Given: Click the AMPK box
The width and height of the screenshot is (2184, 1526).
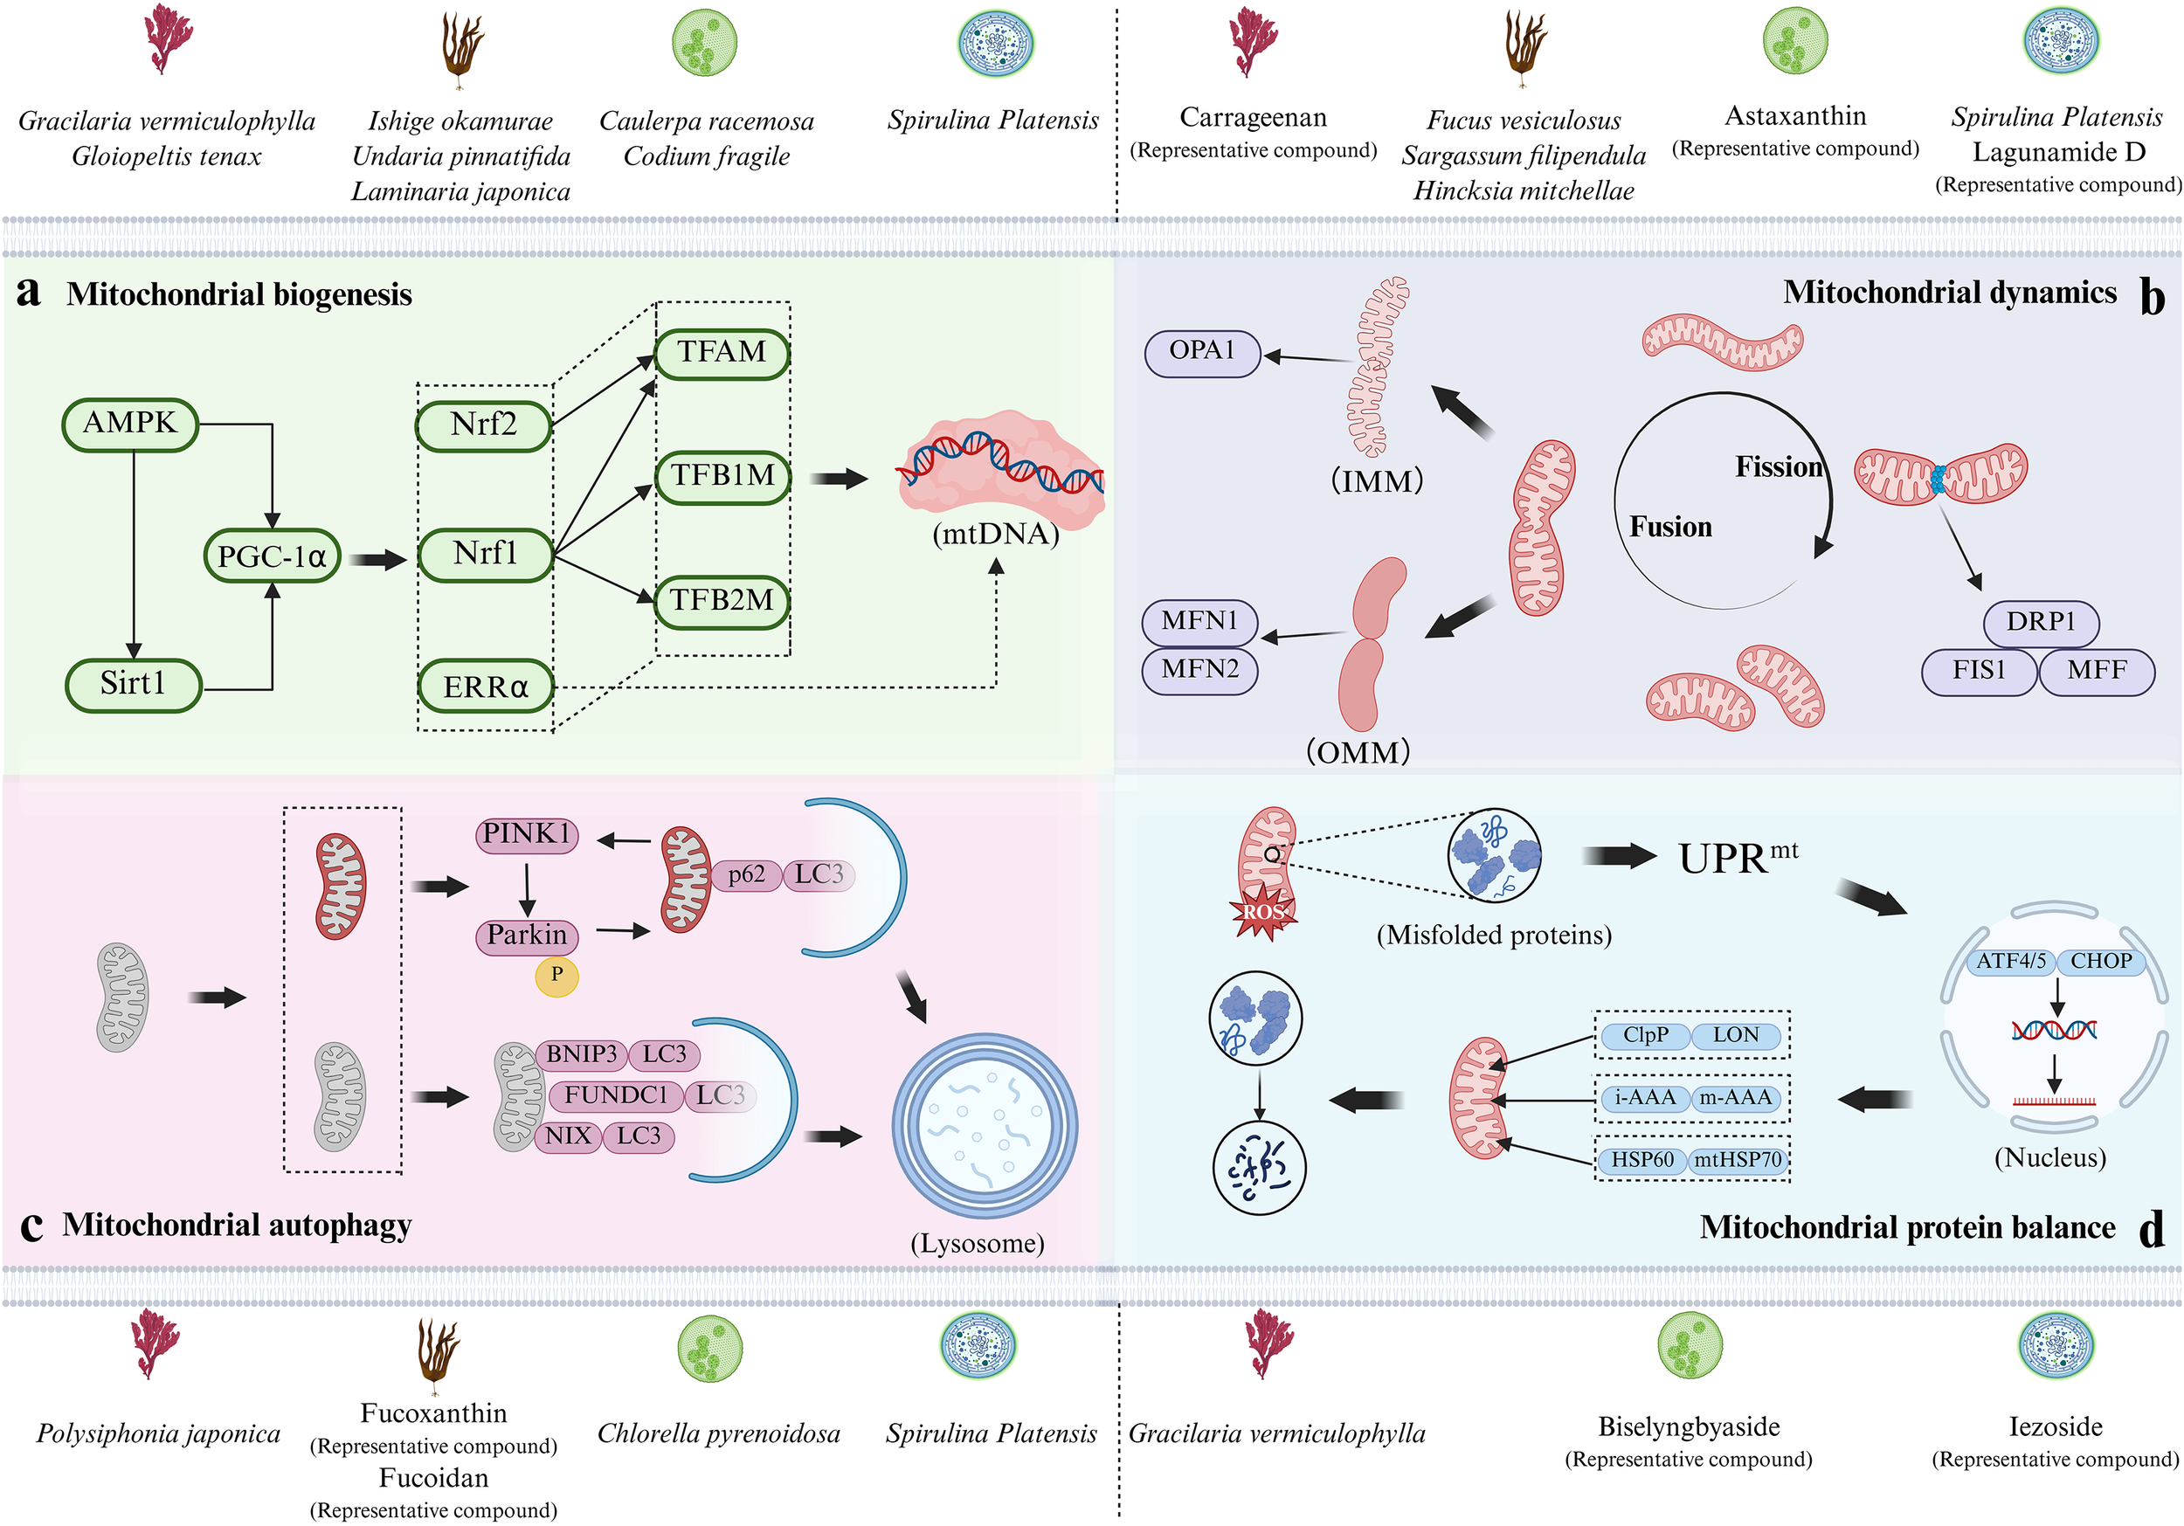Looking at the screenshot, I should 130,424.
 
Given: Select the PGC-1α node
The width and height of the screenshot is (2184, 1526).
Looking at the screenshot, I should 272,556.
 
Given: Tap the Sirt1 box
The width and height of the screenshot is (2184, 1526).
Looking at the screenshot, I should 133,684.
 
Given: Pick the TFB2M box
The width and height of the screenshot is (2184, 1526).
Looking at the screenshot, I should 722,601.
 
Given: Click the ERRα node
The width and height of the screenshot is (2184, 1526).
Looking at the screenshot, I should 485,687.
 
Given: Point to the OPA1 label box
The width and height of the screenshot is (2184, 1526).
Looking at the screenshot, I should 1202,352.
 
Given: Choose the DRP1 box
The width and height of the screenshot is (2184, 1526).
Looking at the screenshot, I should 2041,623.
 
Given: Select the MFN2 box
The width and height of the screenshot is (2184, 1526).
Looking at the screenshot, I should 1199,671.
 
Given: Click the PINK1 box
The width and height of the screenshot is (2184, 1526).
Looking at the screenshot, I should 526,835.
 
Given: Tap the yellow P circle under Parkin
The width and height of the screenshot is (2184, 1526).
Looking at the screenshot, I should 556,975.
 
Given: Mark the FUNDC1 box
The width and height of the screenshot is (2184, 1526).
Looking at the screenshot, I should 615,1096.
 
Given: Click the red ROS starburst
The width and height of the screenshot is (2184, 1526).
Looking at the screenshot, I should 1262,912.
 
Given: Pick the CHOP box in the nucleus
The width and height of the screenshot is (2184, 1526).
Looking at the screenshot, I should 2101,962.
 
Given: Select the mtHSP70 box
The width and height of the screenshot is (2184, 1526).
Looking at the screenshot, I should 1737,1161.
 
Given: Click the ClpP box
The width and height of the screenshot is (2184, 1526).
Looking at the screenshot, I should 1646,1036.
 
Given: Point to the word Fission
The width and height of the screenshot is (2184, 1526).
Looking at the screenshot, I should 1779,467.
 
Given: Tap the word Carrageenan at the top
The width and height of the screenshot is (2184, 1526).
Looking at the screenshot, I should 1253,117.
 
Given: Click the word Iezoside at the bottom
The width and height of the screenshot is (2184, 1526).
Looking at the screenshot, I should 2055,1427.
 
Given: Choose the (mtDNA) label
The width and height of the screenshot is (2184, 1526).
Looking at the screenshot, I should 996,534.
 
